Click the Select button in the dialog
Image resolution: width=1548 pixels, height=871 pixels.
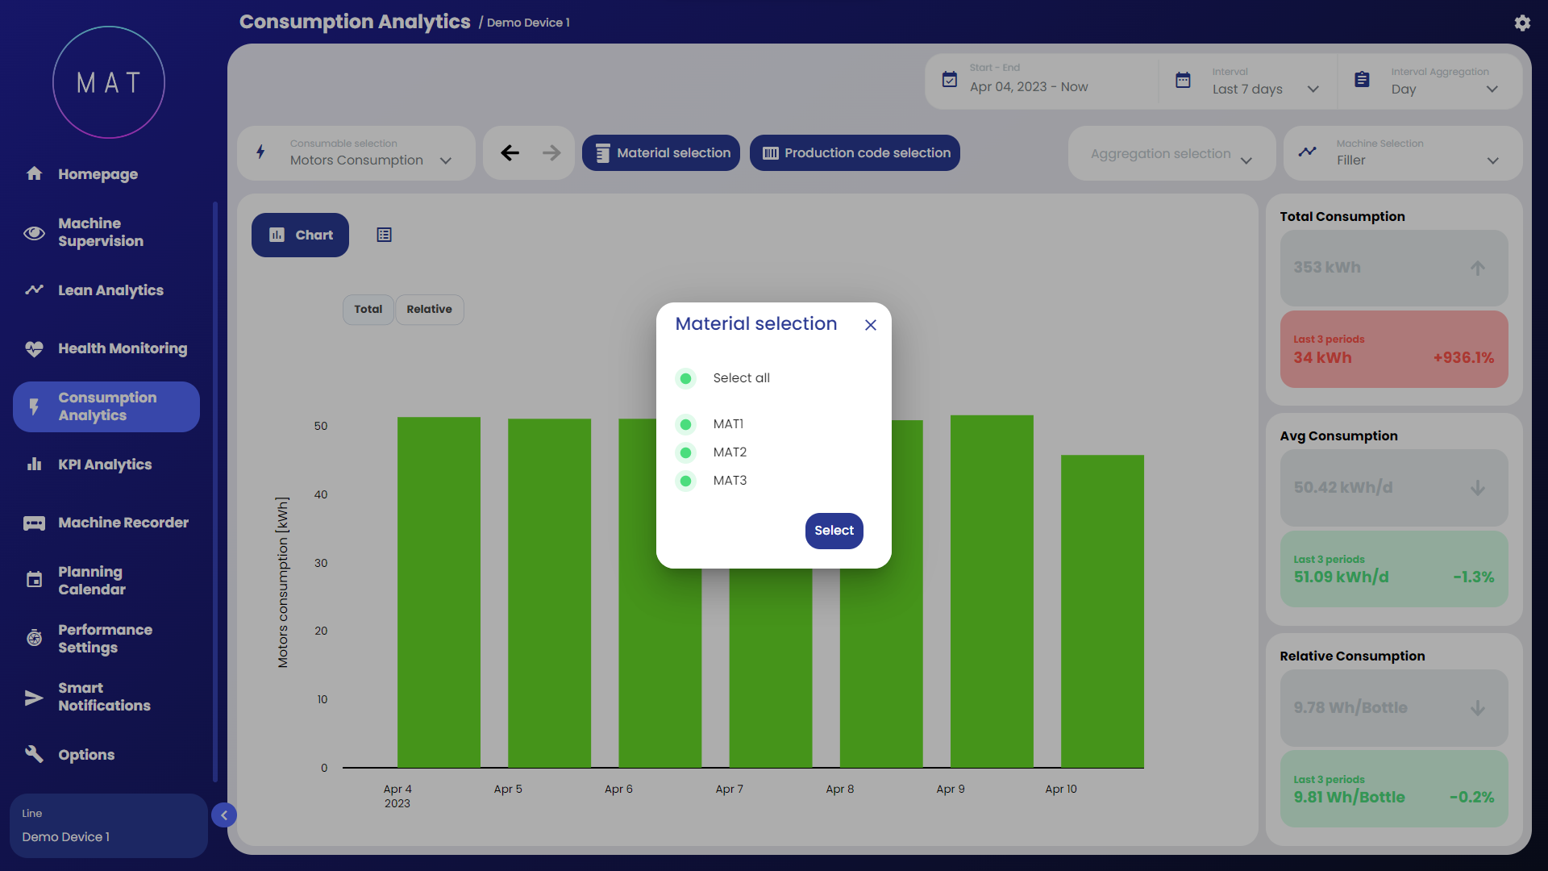click(x=834, y=531)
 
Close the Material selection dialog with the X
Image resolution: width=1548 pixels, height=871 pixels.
click(x=871, y=325)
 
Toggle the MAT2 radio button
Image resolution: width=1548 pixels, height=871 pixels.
click(x=685, y=452)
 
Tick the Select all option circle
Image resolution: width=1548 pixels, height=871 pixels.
click(x=685, y=378)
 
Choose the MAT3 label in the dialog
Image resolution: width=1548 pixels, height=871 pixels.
click(x=730, y=481)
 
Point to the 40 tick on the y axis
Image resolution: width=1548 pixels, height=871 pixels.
click(x=321, y=494)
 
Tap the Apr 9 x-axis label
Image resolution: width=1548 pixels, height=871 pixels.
click(x=951, y=789)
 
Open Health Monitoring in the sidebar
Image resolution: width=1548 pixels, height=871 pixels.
click(x=122, y=348)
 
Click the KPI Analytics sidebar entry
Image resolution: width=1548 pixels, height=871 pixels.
click(x=105, y=465)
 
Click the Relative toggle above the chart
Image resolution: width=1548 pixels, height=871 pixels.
click(x=429, y=309)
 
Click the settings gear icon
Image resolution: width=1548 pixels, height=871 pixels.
click(x=1522, y=23)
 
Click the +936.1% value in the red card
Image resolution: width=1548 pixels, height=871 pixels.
click(x=1463, y=357)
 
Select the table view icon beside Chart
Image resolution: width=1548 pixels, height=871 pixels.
click(x=384, y=235)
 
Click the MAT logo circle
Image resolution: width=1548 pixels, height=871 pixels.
click(x=109, y=82)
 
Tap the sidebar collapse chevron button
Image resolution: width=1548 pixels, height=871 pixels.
click(x=224, y=815)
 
